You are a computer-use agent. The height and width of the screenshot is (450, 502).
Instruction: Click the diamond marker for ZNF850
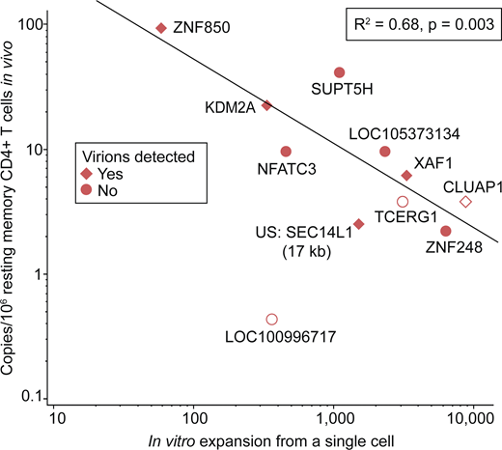point(161,28)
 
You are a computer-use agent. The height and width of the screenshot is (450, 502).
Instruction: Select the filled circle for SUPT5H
point(339,72)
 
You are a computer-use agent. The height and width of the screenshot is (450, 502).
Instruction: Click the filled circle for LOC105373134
point(385,152)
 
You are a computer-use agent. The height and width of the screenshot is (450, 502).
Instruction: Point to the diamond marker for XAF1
point(406,175)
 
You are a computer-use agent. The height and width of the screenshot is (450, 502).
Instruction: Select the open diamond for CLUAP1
point(465,202)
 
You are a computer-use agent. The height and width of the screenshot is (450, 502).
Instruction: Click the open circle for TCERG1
point(403,202)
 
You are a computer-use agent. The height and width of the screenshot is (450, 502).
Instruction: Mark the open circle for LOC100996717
point(271,319)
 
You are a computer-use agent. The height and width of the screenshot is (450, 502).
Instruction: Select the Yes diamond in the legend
point(88,174)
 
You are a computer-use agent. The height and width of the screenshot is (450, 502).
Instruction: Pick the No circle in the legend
point(88,190)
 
